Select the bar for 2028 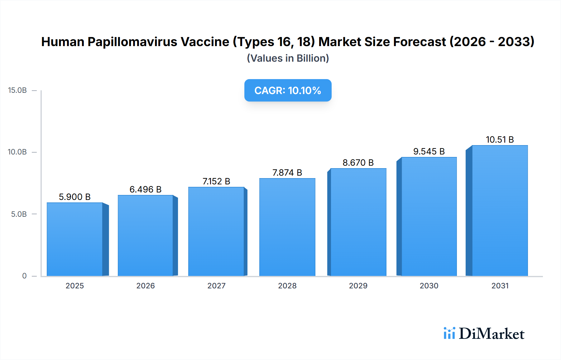point(287,227)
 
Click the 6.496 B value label point(146,189)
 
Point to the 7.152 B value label point(216,181)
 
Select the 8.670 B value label point(358,163)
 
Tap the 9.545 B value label point(429,151)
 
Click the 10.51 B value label point(500,140)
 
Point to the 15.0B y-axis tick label point(17,90)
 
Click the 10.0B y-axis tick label point(17,152)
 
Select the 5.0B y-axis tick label point(19,214)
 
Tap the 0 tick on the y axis point(24,276)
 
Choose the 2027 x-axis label point(216,286)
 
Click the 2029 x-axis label point(358,286)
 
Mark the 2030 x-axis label point(429,286)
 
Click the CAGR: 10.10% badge point(288,90)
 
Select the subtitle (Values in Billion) point(288,58)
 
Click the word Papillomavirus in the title point(158,42)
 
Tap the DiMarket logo point(484,334)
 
